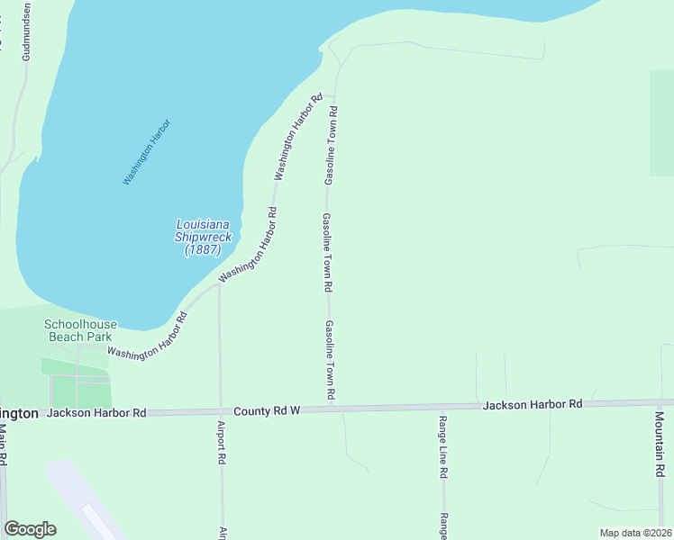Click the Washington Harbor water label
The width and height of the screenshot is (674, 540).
tap(147, 153)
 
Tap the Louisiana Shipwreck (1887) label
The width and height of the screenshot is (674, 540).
tap(203, 237)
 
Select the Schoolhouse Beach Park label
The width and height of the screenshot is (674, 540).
tap(81, 330)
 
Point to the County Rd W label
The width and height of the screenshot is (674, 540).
tap(266, 410)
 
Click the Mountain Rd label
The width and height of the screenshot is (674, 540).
tap(660, 445)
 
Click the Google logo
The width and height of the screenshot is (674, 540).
tap(30, 529)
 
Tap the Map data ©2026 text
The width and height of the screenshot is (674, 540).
tap(635, 533)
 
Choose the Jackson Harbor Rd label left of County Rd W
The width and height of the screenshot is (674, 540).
tap(96, 413)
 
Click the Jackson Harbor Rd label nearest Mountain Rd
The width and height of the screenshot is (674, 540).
tap(533, 405)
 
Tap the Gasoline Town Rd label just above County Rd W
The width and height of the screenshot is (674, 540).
tap(331, 360)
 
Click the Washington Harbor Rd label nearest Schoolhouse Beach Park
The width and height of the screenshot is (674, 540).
tap(146, 338)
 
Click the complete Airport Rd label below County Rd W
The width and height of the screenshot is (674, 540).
tap(221, 442)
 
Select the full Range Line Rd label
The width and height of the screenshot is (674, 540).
tap(443, 446)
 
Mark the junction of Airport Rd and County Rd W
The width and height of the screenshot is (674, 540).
tap(221, 410)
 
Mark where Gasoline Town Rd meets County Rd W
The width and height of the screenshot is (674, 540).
tap(331, 409)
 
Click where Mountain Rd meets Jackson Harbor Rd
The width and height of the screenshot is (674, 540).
tap(660, 402)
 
